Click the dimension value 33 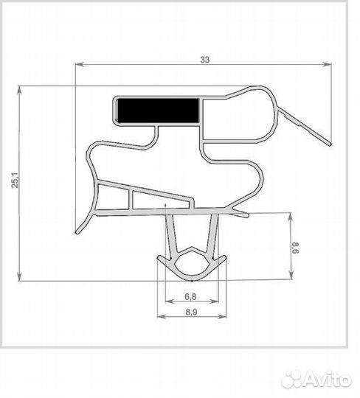coord(205,60)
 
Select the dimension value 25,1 coord(15,180)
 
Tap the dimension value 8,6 coord(295,248)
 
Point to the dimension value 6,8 coord(190,296)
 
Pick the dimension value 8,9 coord(191,312)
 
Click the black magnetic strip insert coord(159,111)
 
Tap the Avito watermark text coord(328,380)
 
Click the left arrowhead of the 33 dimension coord(80,64)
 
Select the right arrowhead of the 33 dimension coord(327,64)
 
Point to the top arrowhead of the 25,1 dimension coord(19,90)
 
